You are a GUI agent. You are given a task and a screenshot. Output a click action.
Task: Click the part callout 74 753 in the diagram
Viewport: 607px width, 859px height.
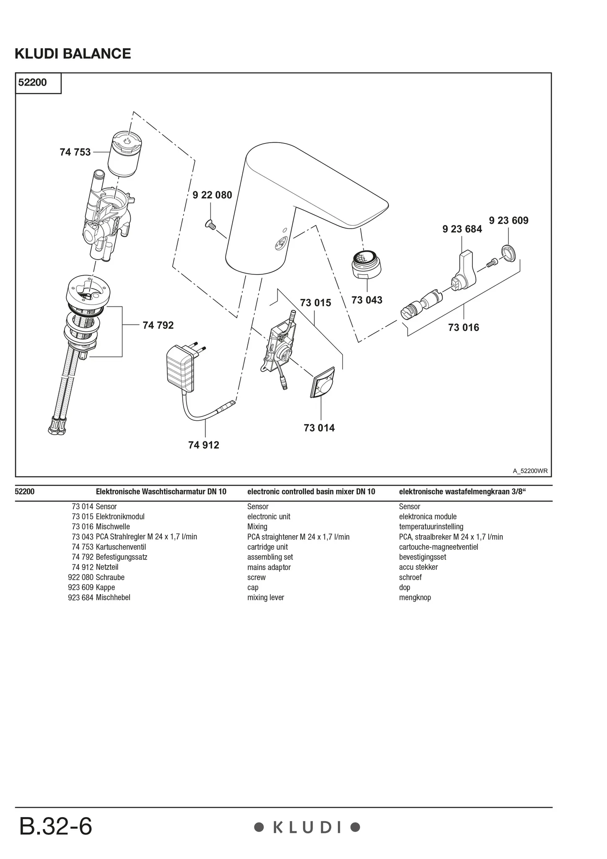(75, 152)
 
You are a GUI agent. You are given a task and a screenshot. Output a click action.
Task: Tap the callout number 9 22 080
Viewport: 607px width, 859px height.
(212, 195)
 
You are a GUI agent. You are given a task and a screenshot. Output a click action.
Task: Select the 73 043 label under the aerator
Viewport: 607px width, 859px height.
(367, 300)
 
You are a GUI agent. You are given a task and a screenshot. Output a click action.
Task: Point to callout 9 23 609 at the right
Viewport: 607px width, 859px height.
(508, 221)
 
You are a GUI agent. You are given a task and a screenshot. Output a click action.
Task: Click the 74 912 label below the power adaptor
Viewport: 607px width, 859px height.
(204, 445)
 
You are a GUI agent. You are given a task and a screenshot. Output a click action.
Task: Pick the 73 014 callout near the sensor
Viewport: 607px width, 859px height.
(319, 428)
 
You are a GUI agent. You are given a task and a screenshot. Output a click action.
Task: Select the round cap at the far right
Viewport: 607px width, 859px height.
(508, 253)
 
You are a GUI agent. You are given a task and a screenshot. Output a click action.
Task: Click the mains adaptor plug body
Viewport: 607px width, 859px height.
(181, 369)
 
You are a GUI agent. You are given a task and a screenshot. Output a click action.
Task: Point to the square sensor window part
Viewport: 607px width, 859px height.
(322, 383)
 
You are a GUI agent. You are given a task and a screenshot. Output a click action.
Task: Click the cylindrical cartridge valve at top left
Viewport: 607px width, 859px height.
(125, 153)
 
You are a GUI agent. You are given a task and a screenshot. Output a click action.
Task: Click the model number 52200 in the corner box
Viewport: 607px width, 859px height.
(33, 83)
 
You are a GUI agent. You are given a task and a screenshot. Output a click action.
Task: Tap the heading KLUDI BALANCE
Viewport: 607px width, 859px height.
(73, 54)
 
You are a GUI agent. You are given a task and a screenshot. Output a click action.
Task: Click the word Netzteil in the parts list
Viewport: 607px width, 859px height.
(107, 567)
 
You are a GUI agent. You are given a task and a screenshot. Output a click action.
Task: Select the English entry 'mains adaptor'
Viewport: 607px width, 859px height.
(269, 567)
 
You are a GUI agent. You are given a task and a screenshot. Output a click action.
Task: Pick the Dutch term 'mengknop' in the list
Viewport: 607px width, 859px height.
(415, 597)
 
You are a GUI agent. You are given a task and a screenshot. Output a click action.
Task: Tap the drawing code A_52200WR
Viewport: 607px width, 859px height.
(530, 471)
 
